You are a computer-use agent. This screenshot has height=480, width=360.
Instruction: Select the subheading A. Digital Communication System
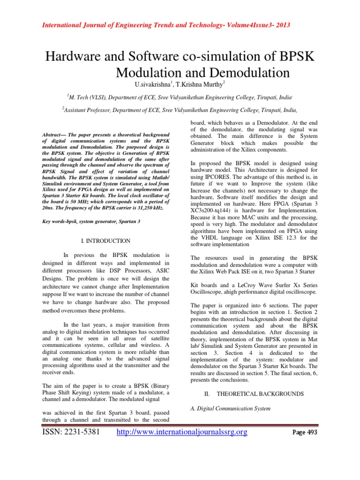click(230, 409)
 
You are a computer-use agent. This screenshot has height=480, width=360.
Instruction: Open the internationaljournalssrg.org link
click(181, 432)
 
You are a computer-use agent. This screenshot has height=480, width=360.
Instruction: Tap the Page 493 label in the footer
click(304, 432)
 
